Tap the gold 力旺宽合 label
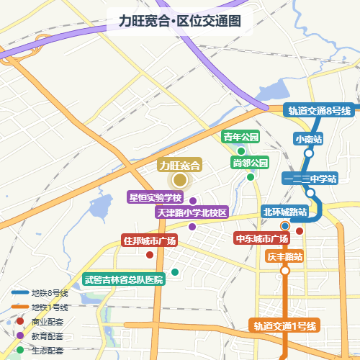pos(179,165)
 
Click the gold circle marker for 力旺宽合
pos(179,181)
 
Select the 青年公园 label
pos(240,137)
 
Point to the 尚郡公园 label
pos(250,163)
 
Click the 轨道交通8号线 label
pos(319,110)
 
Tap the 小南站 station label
pos(308,138)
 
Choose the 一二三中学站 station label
pos(310,179)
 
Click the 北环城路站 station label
pos(284,212)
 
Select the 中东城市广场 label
pos(262,238)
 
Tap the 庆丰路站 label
pos(284,256)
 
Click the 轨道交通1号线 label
pos(285,325)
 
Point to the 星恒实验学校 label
pos(156,197)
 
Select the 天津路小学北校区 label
pos(192,212)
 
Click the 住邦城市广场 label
pos(149,240)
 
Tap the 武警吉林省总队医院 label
pos(124,279)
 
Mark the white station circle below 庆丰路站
pos(285,271)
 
